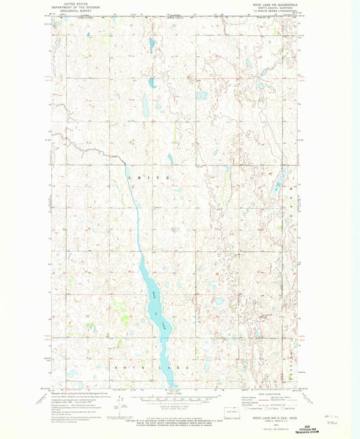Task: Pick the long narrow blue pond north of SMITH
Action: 145,105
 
